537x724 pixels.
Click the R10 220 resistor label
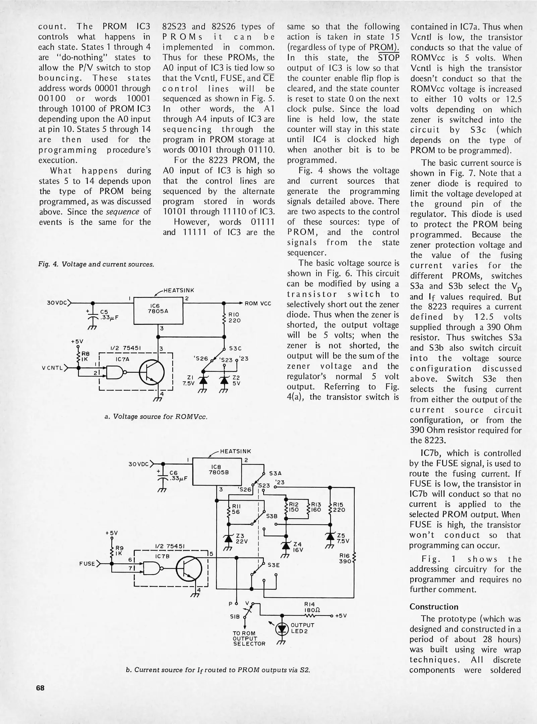coord(234,317)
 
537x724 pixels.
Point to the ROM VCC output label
coord(258,304)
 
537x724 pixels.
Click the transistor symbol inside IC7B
coord(189,569)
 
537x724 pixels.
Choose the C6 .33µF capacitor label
coord(176,476)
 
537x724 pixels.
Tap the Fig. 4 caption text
coord(96,264)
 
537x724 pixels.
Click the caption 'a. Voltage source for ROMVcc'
coord(156,417)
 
